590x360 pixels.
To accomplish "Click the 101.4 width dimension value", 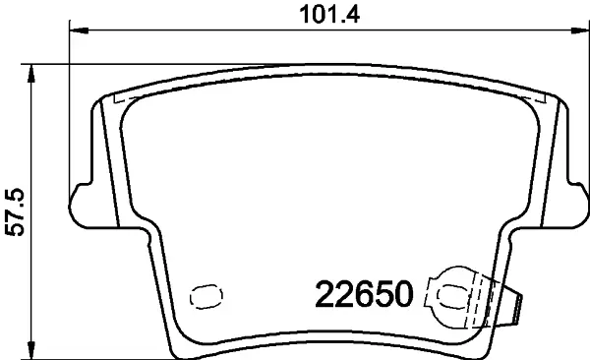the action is pyautogui.click(x=329, y=15).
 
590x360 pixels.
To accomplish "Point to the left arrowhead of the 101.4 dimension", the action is pyautogui.click(x=79, y=30).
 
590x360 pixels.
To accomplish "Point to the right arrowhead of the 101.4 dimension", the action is pyautogui.click(x=580, y=30).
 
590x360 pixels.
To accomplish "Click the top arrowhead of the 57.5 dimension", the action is pyautogui.click(x=31, y=74).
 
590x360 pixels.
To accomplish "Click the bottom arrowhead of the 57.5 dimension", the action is pyautogui.click(x=31, y=350).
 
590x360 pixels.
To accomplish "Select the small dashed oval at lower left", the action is pyautogui.click(x=206, y=297).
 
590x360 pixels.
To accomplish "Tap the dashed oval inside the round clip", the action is pyautogui.click(x=452, y=296).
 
